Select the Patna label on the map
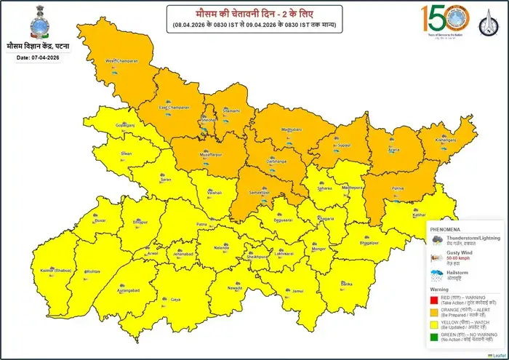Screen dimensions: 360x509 (202, 225)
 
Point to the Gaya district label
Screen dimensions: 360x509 (175, 300)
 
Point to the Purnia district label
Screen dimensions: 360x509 (397, 188)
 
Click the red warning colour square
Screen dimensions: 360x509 (433, 300)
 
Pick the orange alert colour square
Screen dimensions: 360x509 (433, 313)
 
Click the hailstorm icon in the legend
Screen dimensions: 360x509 (437, 276)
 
